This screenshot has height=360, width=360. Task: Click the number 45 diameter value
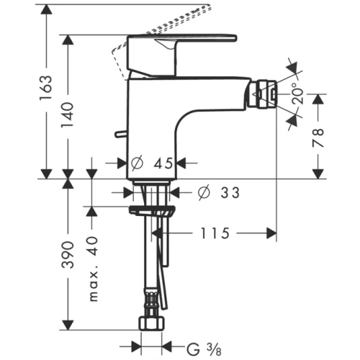click(x=163, y=163)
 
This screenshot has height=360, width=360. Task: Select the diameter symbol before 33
click(x=204, y=192)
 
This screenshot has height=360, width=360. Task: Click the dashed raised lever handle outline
click(x=180, y=22)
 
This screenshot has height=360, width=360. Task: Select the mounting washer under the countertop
click(x=153, y=212)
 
